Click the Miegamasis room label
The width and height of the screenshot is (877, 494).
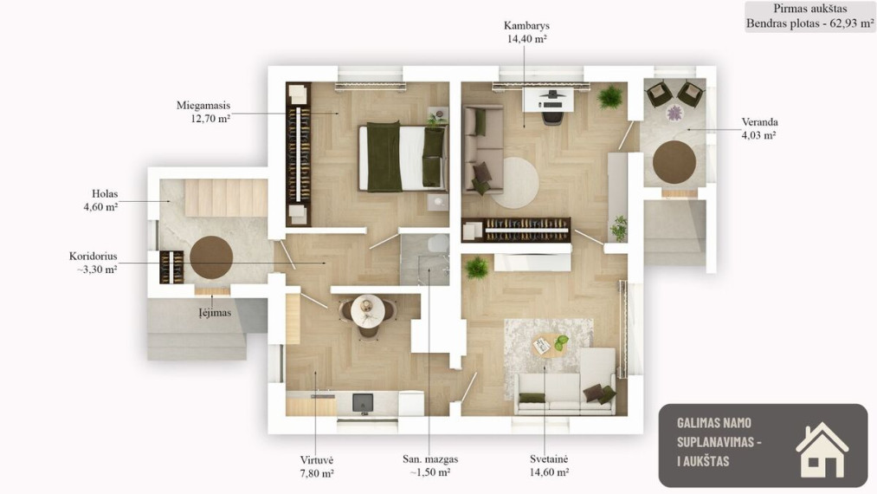click(x=203, y=112)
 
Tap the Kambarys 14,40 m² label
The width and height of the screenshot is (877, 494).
click(x=526, y=32)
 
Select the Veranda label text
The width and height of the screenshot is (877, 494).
click(x=759, y=128)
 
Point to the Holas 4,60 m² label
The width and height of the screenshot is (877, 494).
click(x=101, y=200)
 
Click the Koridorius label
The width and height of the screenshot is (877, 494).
click(x=93, y=263)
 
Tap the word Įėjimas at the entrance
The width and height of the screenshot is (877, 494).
click(x=215, y=313)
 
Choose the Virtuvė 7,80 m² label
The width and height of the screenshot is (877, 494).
click(x=317, y=466)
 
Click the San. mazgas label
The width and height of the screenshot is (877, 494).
click(x=430, y=465)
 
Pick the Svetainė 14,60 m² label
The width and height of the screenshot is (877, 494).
click(x=549, y=465)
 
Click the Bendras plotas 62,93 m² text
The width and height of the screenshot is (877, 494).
click(x=809, y=23)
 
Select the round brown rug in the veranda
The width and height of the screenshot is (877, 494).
click(x=674, y=161)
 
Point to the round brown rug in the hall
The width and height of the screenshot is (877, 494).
click(x=211, y=257)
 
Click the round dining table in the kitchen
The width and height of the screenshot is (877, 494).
click(x=367, y=311)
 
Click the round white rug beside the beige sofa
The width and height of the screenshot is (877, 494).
click(x=514, y=183)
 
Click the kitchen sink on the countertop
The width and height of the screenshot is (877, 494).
click(x=363, y=402)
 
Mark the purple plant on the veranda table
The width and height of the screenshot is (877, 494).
click(x=674, y=113)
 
